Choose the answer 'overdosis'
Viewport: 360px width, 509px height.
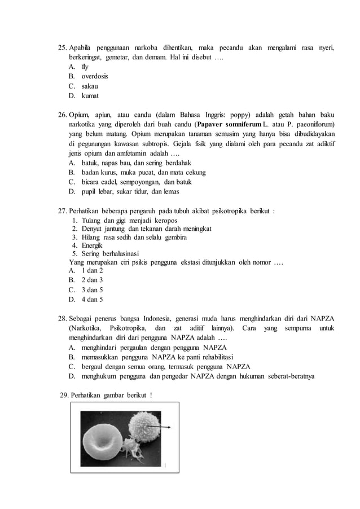pos(94,76)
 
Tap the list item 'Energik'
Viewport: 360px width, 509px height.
pos(92,245)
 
